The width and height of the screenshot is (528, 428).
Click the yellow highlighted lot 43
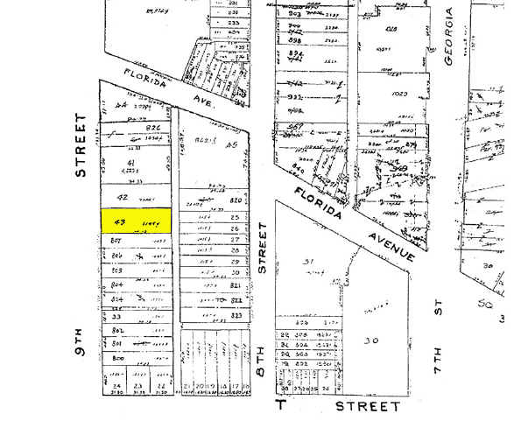point(137,222)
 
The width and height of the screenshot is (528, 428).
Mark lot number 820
point(235,200)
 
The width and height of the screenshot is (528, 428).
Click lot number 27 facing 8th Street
point(235,238)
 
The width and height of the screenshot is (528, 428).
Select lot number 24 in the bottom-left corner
point(115,386)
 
